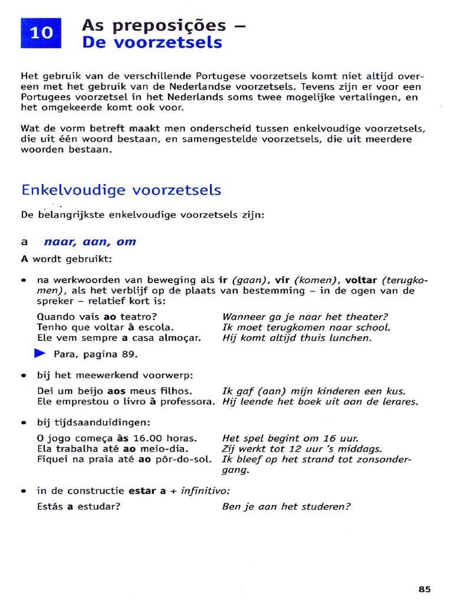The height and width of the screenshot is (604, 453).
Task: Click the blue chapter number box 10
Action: coord(41,33)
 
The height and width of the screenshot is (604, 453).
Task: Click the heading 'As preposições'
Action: coord(154,25)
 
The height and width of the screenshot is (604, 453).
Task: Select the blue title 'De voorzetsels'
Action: coord(152,42)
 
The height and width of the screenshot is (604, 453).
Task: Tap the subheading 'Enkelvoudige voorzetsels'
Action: coord(121,190)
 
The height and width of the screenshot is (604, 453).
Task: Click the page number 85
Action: coord(425,588)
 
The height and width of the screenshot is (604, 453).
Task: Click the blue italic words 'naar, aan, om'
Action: coord(90,241)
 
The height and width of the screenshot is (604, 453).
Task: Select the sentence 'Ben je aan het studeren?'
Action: coord(286,505)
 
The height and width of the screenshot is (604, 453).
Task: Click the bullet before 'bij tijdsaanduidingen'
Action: coord(24,423)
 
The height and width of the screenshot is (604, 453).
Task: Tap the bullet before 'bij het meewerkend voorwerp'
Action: coord(24,375)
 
